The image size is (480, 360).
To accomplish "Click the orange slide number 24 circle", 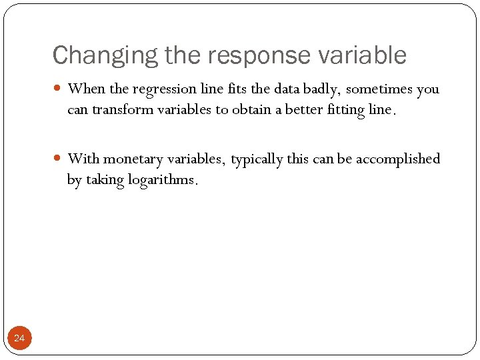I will (19, 339).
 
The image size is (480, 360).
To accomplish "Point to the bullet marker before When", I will (57, 89).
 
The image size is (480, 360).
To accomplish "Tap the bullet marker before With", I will (57, 159).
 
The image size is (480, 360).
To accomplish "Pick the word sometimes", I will (380, 89).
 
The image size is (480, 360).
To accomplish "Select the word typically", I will (257, 159).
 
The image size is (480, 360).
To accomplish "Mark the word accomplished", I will (398, 159).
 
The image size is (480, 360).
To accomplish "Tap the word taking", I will (103, 180).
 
